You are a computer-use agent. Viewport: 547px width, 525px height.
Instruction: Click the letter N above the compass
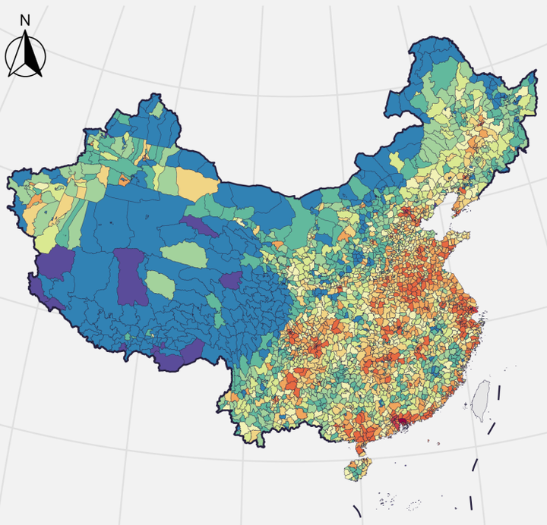point(25,20)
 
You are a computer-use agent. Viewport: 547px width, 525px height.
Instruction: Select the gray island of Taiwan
point(480,401)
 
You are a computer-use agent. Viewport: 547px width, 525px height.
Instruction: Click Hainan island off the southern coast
point(357,469)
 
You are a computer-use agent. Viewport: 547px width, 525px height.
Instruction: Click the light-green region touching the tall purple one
point(160,285)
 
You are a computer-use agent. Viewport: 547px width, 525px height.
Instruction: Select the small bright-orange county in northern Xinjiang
point(123,180)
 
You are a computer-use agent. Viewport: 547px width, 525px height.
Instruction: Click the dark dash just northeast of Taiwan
point(499,392)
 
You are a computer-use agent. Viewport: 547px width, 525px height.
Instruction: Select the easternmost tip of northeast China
point(530,86)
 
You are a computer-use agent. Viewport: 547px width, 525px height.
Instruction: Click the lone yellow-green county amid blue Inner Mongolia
point(397,160)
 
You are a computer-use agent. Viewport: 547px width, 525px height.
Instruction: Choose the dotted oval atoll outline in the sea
point(414,503)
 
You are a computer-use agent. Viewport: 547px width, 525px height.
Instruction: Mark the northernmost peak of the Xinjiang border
point(155,96)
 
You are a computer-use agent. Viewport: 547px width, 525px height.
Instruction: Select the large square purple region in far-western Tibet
point(57,263)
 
